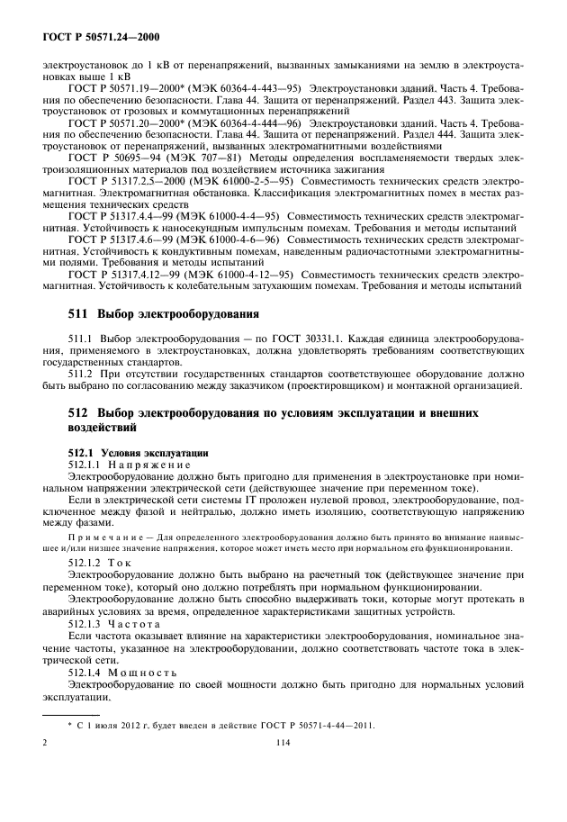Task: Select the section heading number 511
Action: pos(81,314)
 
